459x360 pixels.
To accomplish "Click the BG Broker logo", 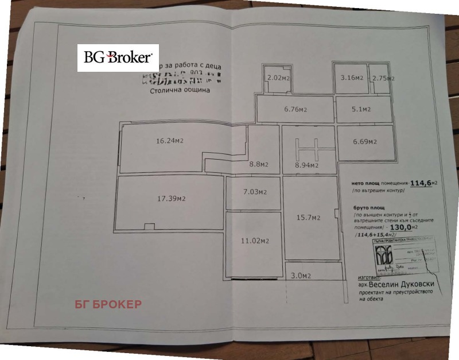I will pyautogui.click(x=118, y=57).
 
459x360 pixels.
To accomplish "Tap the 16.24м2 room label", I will pyautogui.click(x=170, y=140).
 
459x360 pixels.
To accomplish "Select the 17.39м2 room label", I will pyautogui.click(x=171, y=199).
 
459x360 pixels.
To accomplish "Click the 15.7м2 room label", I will pyautogui.click(x=308, y=217).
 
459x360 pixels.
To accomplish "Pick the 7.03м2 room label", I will pyautogui.click(x=254, y=192).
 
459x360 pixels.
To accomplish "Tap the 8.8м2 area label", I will pyautogui.click(x=259, y=164).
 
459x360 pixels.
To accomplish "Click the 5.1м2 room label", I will pyautogui.click(x=361, y=109).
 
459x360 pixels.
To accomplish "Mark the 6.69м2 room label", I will pyautogui.click(x=364, y=142).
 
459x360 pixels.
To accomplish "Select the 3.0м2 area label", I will pyautogui.click(x=301, y=276).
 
